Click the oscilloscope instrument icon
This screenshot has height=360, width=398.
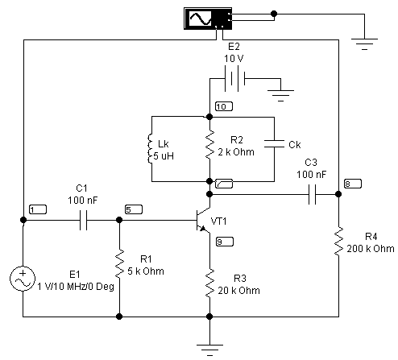[x=208, y=19]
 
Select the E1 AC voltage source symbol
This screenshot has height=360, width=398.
[x=23, y=279]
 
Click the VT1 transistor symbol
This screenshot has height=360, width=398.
[x=203, y=220]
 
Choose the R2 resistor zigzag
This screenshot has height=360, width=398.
[x=209, y=145]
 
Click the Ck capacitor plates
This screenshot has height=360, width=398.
[x=274, y=143]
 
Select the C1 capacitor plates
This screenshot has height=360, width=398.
[x=83, y=220]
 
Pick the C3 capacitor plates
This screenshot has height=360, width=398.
[x=312, y=194]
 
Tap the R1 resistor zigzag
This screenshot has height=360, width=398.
[x=119, y=263]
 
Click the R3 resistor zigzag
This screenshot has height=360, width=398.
[x=209, y=283]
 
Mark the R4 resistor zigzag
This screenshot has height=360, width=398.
[x=338, y=241]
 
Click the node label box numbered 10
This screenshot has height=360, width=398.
[x=224, y=106]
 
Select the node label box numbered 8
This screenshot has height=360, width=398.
[x=353, y=184]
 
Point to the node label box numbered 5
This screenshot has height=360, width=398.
[x=134, y=209]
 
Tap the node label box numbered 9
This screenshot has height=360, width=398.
[x=225, y=242]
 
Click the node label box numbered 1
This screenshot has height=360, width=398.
[x=38, y=209]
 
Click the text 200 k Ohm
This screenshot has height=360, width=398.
[x=371, y=249]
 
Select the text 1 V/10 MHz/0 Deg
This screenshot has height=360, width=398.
[x=76, y=287]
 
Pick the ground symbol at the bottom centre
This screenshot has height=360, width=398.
[x=209, y=350]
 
